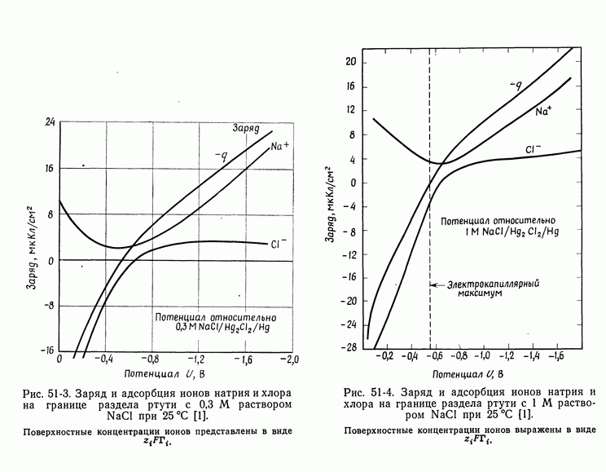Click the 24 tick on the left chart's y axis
click(50, 122)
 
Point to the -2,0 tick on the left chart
click(289, 360)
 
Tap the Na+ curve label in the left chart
click(280, 147)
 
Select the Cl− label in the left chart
click(279, 243)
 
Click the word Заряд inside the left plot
click(244, 129)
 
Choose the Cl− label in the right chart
click(534, 149)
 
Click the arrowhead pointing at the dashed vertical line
click(434, 285)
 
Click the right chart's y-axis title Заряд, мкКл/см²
click(334, 203)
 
